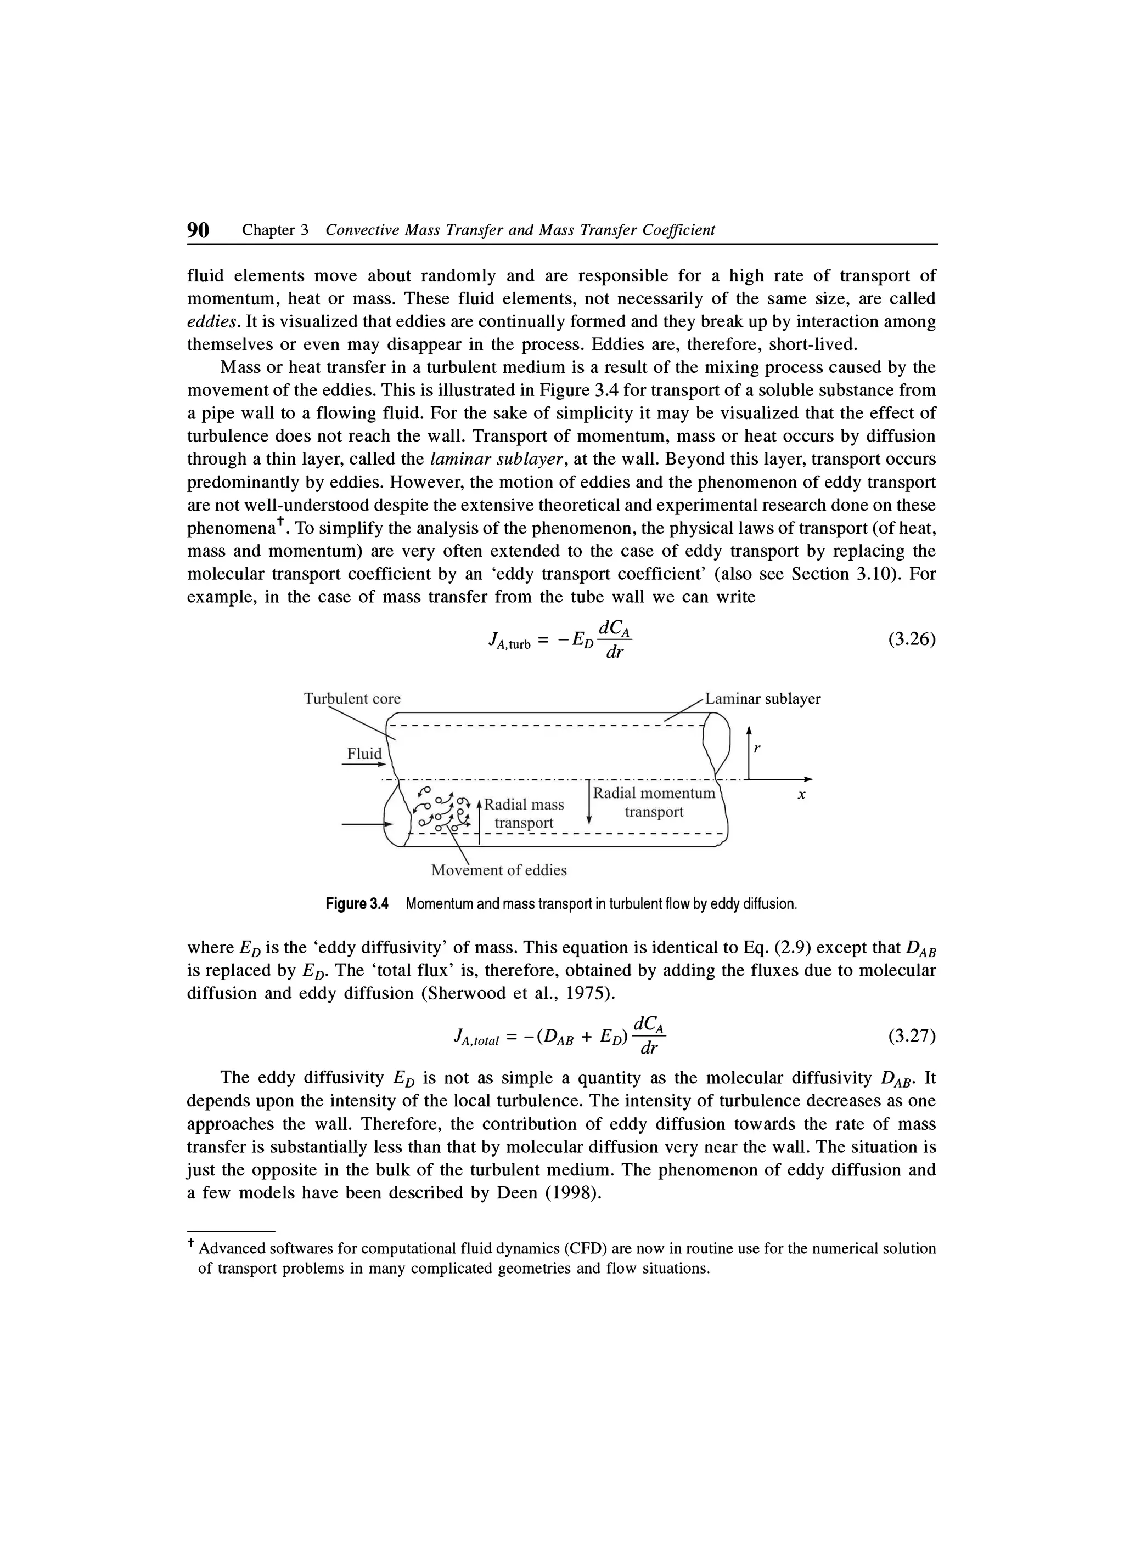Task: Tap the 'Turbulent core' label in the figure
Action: pyautogui.click(x=352, y=699)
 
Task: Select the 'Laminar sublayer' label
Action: pyautogui.click(x=763, y=699)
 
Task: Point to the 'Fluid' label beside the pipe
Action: pyautogui.click(x=364, y=754)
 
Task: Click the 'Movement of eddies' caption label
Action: pyautogui.click(x=499, y=870)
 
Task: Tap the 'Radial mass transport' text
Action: pyautogui.click(x=524, y=813)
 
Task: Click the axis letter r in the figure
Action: pyautogui.click(x=757, y=748)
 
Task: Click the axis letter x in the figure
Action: pyautogui.click(x=802, y=795)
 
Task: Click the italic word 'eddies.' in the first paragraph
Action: pyautogui.click(x=210, y=321)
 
